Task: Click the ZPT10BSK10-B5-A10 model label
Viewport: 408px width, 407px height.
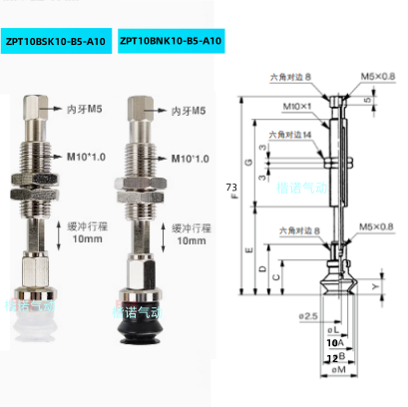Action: (x=56, y=41)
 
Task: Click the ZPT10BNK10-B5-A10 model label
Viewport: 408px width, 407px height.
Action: (x=170, y=41)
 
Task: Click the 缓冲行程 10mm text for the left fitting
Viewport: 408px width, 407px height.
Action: (x=82, y=233)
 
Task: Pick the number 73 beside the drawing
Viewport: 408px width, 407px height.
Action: (x=231, y=187)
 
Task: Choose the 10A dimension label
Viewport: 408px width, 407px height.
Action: (x=332, y=342)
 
